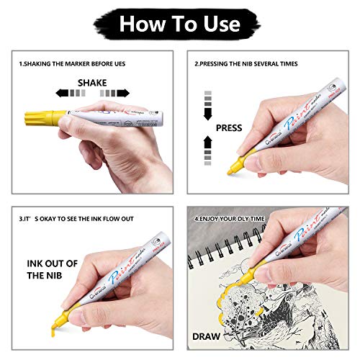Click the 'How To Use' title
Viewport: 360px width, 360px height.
(x=179, y=23)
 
